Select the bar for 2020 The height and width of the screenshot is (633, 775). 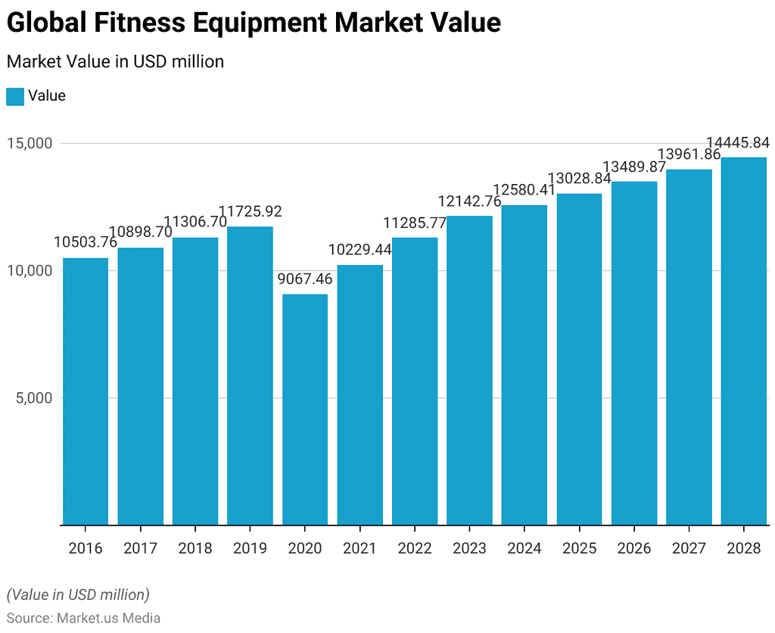tap(305, 409)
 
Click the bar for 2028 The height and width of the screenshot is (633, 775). tap(744, 341)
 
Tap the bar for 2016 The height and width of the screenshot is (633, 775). tap(86, 391)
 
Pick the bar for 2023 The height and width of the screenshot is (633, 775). tap(469, 370)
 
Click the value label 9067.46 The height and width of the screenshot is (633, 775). tap(305, 279)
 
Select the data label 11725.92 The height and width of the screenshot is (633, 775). tap(250, 211)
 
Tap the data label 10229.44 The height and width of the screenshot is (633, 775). tap(359, 249)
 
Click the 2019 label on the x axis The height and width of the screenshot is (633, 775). tap(250, 548)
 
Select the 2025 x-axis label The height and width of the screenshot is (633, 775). tap(579, 548)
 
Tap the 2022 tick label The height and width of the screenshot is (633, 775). tap(415, 548)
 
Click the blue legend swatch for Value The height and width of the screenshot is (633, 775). tap(15, 96)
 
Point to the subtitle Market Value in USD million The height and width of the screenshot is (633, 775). tap(115, 62)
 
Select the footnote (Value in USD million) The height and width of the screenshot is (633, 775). tap(78, 594)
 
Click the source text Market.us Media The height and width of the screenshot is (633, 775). tap(108, 618)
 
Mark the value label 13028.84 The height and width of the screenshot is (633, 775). tap(579, 179)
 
